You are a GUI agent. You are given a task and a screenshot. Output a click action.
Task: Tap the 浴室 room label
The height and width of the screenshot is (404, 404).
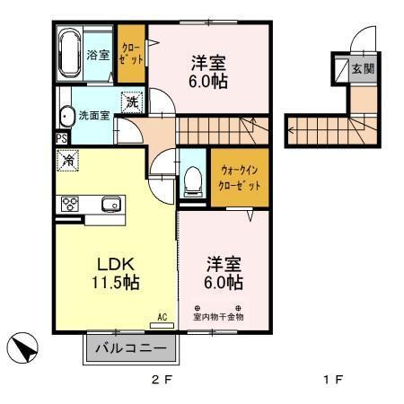point(97,55)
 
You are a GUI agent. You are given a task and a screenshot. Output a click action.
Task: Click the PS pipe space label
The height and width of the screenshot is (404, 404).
point(61,138)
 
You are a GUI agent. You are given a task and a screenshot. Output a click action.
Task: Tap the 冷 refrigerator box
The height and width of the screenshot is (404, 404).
point(69,161)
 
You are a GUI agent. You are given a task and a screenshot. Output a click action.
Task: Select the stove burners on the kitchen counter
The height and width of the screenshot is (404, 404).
point(69,204)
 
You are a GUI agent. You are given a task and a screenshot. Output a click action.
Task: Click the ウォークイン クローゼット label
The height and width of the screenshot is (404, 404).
point(240,178)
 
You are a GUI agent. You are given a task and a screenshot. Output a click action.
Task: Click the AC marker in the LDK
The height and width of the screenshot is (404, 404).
point(162,316)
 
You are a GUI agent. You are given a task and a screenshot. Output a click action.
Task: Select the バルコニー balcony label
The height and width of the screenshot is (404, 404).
point(131,347)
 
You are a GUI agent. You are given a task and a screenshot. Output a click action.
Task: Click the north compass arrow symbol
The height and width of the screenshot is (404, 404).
point(24,347)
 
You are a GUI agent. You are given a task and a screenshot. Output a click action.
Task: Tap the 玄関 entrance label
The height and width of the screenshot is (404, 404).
point(363,68)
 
